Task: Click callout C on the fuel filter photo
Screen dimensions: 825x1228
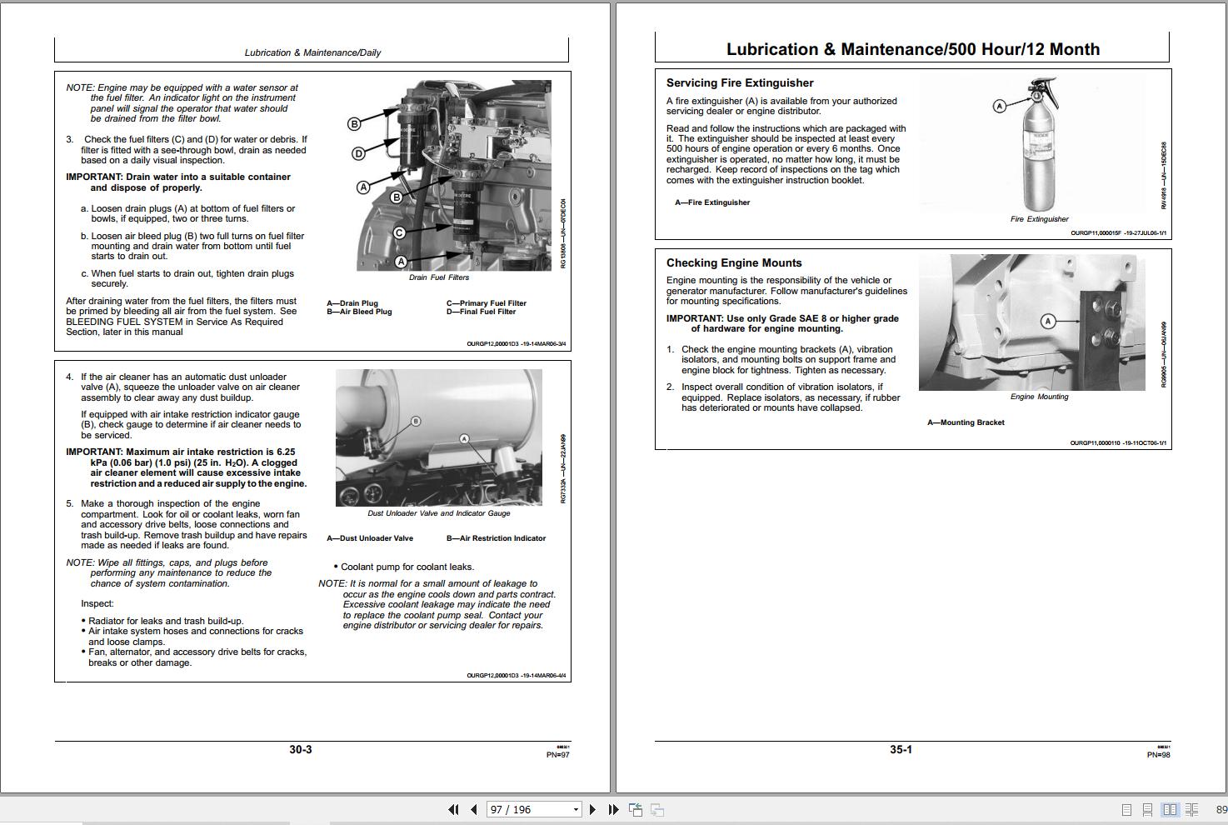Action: point(399,232)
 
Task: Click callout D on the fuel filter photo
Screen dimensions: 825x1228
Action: point(358,153)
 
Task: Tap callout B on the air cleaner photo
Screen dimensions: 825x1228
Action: point(417,421)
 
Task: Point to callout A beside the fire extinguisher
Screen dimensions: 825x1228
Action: point(1000,106)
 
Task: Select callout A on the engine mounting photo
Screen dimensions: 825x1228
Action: point(1048,321)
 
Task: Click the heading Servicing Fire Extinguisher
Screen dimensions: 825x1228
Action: point(739,82)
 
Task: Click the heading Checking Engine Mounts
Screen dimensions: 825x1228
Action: point(733,262)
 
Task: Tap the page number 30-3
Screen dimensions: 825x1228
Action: point(301,749)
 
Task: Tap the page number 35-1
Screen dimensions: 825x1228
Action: point(901,749)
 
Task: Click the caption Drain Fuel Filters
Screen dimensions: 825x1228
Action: point(438,277)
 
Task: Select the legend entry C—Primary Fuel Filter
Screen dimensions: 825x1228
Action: point(486,303)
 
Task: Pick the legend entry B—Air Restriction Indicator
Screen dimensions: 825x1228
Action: point(496,538)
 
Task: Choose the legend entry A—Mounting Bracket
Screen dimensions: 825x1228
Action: point(966,422)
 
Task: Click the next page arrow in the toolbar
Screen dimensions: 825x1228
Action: point(592,809)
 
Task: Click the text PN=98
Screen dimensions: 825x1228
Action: point(1158,755)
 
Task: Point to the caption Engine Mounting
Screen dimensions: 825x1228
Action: point(1039,397)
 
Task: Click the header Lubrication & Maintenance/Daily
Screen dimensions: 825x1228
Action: point(312,52)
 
